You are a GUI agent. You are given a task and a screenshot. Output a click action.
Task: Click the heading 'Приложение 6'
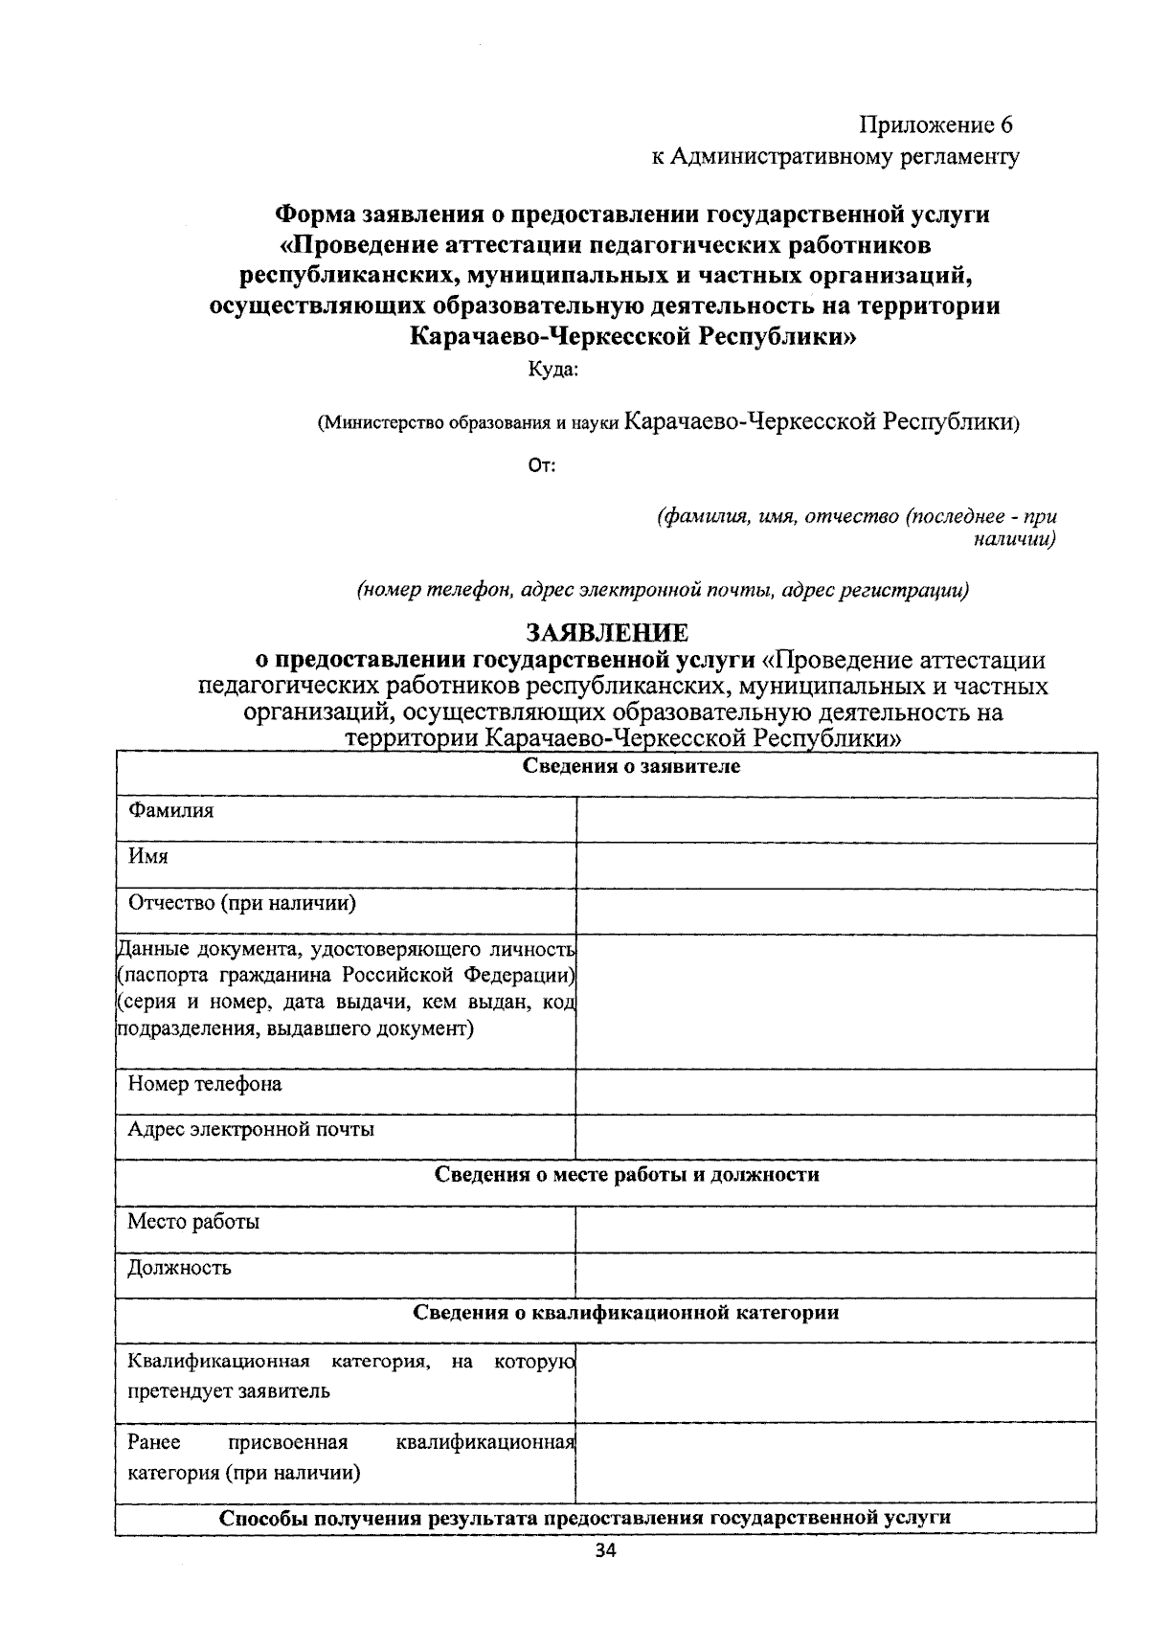click(935, 125)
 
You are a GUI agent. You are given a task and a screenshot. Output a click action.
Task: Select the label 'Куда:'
click(553, 369)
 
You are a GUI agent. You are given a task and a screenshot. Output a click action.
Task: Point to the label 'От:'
click(542, 466)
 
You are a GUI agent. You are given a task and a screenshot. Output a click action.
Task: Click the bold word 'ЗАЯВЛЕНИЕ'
click(607, 633)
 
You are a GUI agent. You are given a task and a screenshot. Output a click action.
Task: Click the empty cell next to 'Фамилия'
click(836, 821)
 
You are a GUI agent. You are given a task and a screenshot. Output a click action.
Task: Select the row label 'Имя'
click(148, 856)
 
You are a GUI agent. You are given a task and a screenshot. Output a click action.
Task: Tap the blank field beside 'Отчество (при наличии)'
click(836, 913)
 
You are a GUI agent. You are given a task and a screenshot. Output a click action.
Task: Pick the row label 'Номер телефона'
click(205, 1084)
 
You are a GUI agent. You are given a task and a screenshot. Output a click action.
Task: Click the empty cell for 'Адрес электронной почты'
click(836, 1137)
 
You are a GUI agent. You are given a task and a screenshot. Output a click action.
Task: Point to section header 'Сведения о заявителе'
click(631, 766)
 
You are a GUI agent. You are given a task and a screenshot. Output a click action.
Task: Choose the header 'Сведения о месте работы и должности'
click(627, 1174)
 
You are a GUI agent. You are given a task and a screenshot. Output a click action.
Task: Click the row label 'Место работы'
click(193, 1222)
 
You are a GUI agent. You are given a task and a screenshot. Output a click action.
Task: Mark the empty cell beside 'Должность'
click(836, 1275)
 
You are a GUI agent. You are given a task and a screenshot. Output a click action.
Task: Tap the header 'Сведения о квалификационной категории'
click(626, 1312)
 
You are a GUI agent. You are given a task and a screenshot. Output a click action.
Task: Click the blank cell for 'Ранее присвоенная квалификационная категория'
click(836, 1461)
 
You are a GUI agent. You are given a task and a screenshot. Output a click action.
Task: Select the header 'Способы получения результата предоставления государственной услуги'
click(585, 1518)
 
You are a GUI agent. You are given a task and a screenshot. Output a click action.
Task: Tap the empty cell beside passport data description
click(836, 1002)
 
